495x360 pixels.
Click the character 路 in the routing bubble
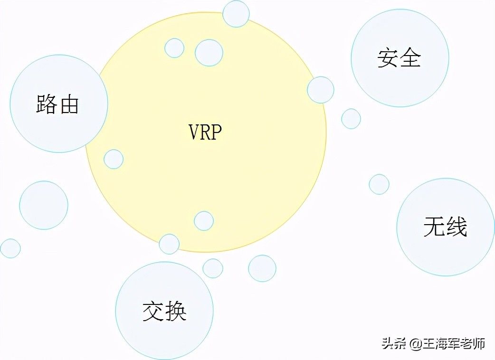click(x=46, y=104)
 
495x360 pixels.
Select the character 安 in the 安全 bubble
click(x=387, y=57)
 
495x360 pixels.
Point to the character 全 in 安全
click(x=410, y=57)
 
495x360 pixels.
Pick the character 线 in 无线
click(x=457, y=227)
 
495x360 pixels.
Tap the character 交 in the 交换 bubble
click(x=153, y=311)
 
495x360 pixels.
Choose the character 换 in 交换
click(x=175, y=311)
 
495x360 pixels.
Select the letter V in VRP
click(x=193, y=132)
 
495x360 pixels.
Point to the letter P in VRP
click(x=217, y=132)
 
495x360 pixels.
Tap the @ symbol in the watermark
click(x=415, y=343)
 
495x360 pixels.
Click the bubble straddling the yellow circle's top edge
click(x=236, y=14)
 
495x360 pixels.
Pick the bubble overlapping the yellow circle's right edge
click(x=321, y=90)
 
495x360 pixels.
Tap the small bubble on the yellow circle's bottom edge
click(x=169, y=244)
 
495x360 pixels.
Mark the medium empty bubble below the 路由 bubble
click(x=44, y=205)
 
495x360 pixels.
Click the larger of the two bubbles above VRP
click(x=209, y=52)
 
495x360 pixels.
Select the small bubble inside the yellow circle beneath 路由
click(x=114, y=159)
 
